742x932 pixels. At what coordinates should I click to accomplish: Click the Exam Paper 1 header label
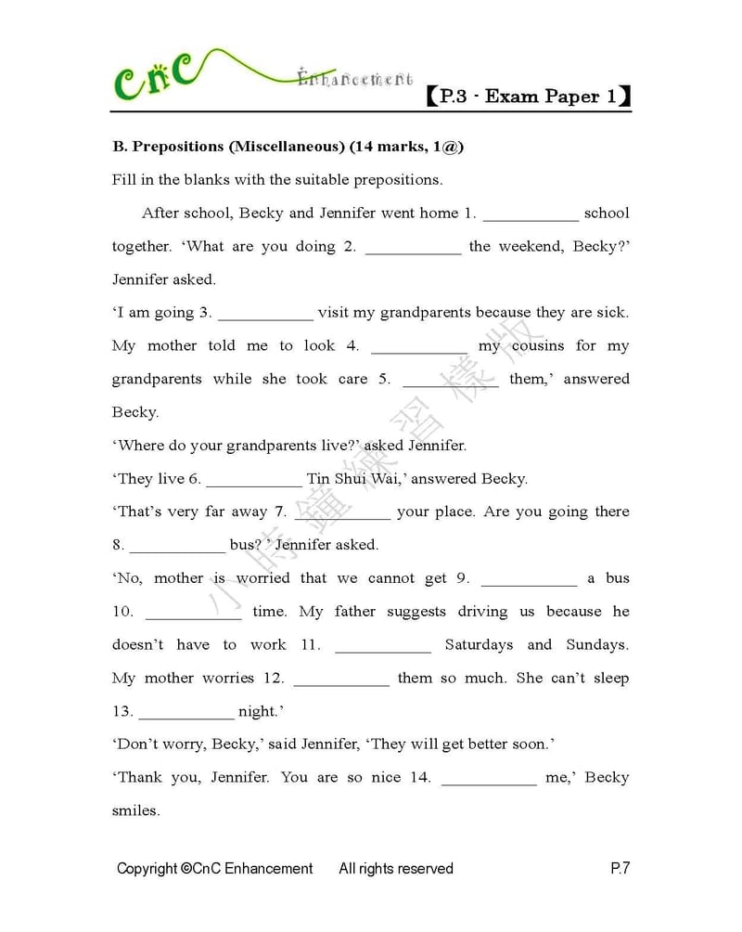[x=529, y=96]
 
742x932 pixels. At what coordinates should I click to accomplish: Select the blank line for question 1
[x=531, y=215]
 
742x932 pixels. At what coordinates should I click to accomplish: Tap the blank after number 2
[x=414, y=249]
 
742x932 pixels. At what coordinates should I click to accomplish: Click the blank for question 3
[x=265, y=315]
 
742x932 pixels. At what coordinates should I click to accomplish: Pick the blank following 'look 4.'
[x=419, y=348]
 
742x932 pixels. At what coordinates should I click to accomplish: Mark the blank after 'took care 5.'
[x=451, y=382]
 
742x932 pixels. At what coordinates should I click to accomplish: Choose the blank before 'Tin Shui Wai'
[x=254, y=481]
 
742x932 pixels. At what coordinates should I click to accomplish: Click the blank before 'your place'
[x=343, y=514]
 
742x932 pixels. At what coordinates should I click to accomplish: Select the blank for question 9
[x=529, y=581]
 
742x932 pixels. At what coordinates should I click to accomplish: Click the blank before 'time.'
[x=194, y=615]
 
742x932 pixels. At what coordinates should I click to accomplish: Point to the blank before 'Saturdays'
[x=382, y=648]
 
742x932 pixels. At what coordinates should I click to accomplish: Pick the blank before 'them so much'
[x=341, y=681]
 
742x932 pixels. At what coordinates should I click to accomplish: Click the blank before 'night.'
[x=185, y=715]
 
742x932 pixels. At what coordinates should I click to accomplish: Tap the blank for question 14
[x=489, y=781]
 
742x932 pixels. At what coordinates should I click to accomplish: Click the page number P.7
[x=620, y=869]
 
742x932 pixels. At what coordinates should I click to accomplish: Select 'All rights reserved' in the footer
[x=396, y=869]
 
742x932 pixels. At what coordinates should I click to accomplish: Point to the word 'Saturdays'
[x=480, y=645]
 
